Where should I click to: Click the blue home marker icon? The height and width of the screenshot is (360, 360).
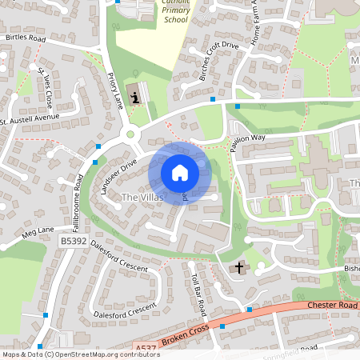point(180,173)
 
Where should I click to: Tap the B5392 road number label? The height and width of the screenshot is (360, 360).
point(74,240)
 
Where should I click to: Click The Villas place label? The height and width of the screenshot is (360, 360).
point(142,196)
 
